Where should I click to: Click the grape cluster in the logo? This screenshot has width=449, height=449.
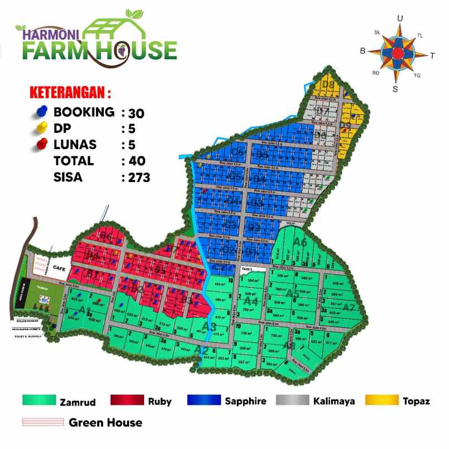121,51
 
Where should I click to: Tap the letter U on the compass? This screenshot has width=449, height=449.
400,18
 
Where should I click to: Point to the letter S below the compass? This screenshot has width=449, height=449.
395,88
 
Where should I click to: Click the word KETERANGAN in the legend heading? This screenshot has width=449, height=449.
70,91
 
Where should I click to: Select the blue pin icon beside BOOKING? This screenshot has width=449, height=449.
41,112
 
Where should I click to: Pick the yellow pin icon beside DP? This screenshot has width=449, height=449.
41,128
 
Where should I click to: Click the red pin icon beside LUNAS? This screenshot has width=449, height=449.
41,145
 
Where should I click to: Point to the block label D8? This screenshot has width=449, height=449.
328,85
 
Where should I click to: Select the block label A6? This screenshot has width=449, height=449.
300,242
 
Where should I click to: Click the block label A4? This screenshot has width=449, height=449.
251,301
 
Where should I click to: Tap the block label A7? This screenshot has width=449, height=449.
349,308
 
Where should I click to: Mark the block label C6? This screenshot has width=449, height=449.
238,152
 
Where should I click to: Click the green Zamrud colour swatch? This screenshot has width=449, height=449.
39,400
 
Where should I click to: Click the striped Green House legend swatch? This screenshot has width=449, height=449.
42,422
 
